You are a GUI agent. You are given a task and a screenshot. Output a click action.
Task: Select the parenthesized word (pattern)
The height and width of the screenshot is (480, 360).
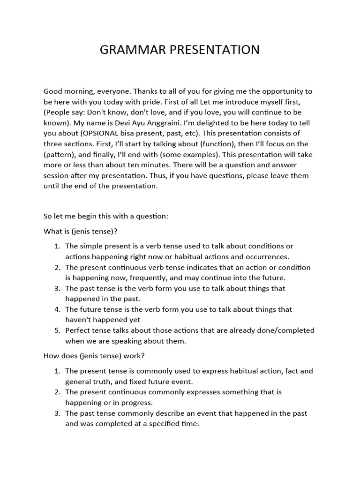[x=60, y=154]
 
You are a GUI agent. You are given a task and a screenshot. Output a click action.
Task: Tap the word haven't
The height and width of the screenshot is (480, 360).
[x=80, y=320]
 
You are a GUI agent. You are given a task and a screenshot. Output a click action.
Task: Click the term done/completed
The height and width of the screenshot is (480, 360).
[x=281, y=330]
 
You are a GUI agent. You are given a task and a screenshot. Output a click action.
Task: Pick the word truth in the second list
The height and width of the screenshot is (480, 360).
[x=105, y=382]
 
